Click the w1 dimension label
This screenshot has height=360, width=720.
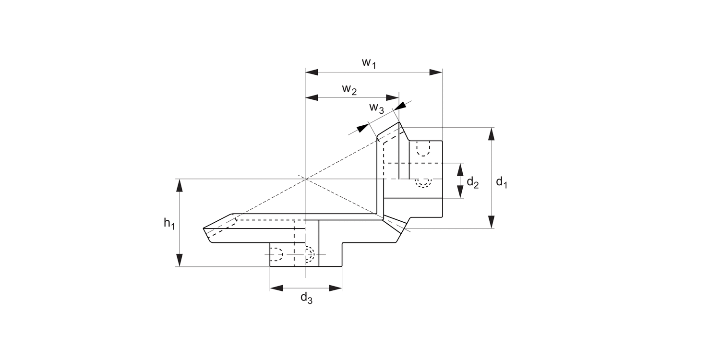point(369,62)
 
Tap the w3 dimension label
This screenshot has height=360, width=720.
point(376,108)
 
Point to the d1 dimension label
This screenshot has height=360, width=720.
point(502,182)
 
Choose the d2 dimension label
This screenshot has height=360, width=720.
point(472,182)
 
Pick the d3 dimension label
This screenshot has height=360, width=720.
point(306,298)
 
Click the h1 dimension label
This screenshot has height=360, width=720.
point(169,223)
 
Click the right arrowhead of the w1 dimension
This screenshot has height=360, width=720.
point(436,72)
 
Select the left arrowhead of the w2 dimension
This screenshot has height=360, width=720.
point(312,98)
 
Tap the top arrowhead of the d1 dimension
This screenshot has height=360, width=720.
point(491,134)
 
